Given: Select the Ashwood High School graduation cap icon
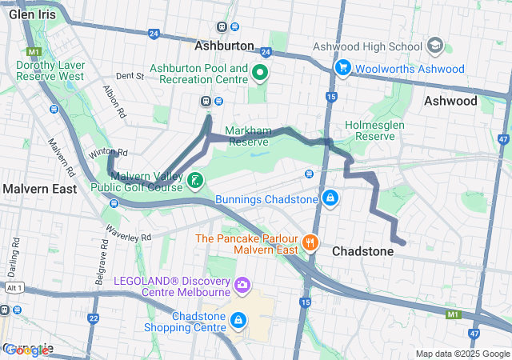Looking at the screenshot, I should point(436,45).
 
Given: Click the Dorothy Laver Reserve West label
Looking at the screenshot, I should point(50,70).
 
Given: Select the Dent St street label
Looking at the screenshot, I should point(129,76).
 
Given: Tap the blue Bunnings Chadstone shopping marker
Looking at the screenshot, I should point(330,197).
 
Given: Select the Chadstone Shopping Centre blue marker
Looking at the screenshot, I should point(238,320).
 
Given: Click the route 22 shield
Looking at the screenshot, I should point(94,318).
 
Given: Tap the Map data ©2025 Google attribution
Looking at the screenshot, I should point(462,354).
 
